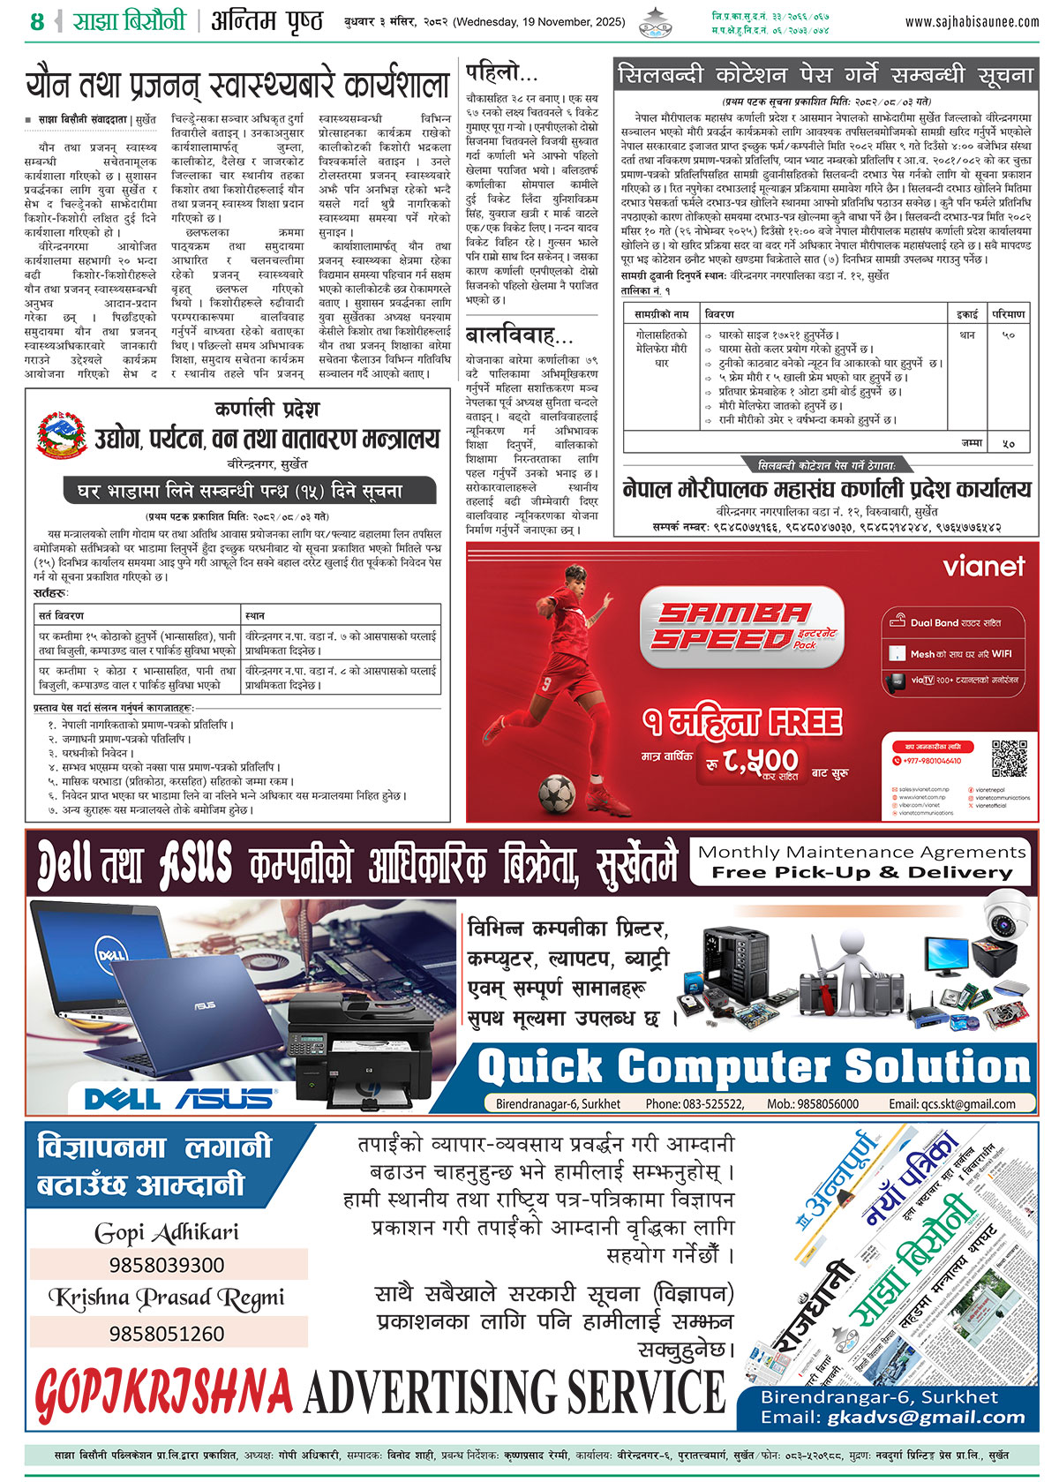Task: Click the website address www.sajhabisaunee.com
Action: point(972,21)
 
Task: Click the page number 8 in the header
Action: point(36,21)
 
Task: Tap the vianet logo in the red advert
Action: point(984,566)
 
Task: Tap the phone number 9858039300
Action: point(167,1265)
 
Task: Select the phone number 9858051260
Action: point(167,1333)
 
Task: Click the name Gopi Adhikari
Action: point(167,1232)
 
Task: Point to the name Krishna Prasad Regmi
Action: point(167,1298)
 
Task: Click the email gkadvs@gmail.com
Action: point(927,1418)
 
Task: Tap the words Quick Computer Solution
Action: point(755,1066)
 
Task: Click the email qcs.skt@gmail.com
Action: point(951,1103)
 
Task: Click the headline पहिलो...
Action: point(501,71)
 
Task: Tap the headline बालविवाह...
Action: point(519,335)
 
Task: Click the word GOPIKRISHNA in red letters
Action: point(163,1393)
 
